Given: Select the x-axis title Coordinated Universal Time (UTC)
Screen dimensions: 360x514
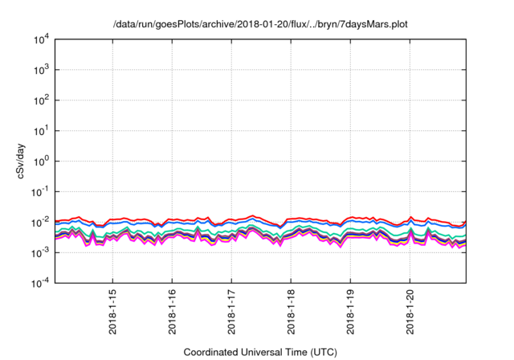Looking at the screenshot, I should click(x=259, y=352).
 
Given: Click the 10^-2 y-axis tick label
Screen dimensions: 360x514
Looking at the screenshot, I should click(x=40, y=222).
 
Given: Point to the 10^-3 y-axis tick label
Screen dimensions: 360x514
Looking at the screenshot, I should click(x=40, y=252).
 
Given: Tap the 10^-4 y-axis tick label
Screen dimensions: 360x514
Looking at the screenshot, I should click(x=40, y=282).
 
